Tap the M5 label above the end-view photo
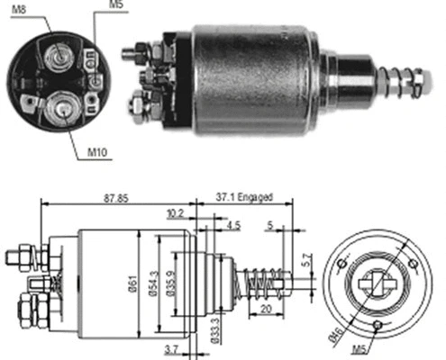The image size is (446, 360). tap(115, 5)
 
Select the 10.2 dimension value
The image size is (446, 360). tap(176, 215)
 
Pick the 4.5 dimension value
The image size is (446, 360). tap(233, 226)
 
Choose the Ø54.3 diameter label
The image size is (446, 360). tap(154, 287)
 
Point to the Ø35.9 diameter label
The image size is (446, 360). tap(170, 287)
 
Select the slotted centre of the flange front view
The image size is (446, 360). tap(376, 281)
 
